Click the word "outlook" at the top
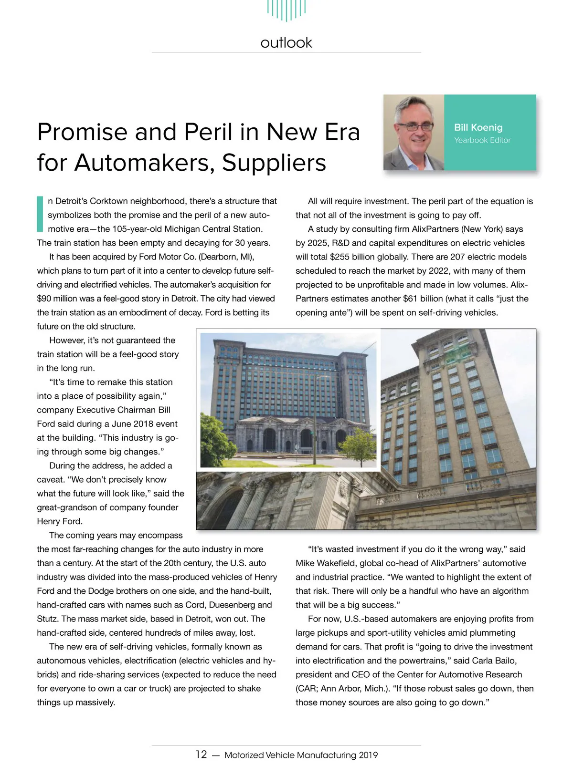pyautogui.click(x=286, y=43)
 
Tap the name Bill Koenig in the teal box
pyautogui.click(x=478, y=127)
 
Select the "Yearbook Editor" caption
pyautogui.click(x=482, y=140)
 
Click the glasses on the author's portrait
pyautogui.click(x=414, y=127)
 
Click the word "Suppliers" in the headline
pyautogui.click(x=274, y=163)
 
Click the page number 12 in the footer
pyautogui.click(x=201, y=754)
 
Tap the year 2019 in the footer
pyautogui.click(x=368, y=755)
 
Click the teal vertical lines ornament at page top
pyautogui.click(x=286, y=10)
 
